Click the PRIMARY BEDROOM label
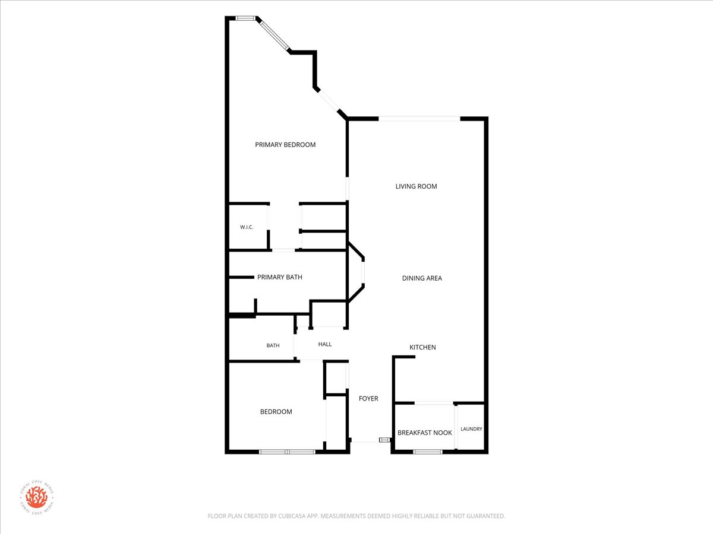pos(285,145)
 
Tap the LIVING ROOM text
pos(416,186)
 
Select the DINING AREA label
pos(422,278)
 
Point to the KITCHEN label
pos(422,347)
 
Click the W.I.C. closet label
pos(247,227)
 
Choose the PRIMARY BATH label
pos(280,277)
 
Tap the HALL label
pos(325,344)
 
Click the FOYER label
pos(368,399)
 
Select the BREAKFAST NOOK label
pos(425,433)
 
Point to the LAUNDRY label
pos(471,429)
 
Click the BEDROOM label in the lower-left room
pos(276,412)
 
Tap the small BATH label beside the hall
pos(273,346)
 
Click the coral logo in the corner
pos(37,497)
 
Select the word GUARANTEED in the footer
pos(487,516)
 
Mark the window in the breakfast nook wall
pos(428,452)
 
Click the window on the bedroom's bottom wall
pos(287,452)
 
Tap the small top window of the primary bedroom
pos(245,18)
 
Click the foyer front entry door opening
pos(365,441)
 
